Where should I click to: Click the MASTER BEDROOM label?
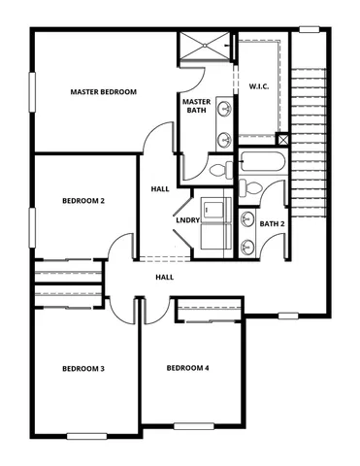(103, 92)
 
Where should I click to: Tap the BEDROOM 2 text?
(83, 201)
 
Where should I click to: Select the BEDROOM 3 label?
(83, 368)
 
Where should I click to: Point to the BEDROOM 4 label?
(187, 368)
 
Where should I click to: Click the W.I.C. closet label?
(259, 85)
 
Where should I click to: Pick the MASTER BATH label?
(197, 106)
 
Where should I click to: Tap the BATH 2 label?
(272, 224)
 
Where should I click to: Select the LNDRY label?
(187, 220)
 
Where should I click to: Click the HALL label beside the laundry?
(160, 188)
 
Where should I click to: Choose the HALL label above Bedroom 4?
(165, 278)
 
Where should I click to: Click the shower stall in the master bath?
(205, 49)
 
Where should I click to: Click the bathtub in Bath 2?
(260, 165)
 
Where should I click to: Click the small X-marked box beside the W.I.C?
(282, 139)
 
